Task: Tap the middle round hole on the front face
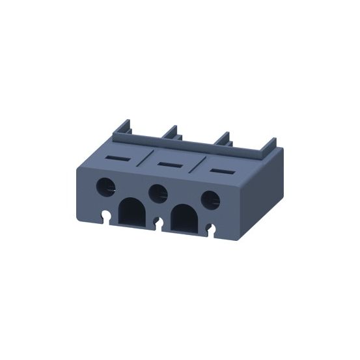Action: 157,193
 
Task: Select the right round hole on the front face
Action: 210,199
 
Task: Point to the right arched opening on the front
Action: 184,219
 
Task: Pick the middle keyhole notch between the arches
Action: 158,223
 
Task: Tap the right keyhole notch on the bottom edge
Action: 211,228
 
